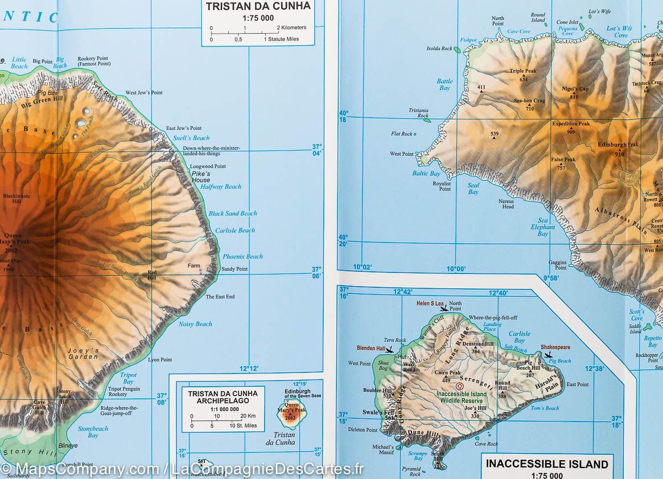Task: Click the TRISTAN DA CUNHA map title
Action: [258, 7]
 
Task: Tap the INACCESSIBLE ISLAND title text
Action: [547, 464]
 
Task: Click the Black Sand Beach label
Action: [233, 213]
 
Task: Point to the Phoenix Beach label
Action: [243, 256]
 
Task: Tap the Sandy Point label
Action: [234, 269]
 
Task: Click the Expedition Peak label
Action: [571, 124]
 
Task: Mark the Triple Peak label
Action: [523, 71]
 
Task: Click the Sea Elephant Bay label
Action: [543, 227]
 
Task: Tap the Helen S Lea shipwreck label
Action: [430, 303]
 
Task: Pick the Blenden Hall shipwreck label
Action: [371, 349]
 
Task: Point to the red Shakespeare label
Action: [555, 348]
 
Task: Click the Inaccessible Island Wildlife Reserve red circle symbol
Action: [459, 386]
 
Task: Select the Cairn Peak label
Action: [448, 373]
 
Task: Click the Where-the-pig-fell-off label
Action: [493, 318]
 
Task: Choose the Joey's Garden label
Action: [83, 354]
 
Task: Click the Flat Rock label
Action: [402, 134]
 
